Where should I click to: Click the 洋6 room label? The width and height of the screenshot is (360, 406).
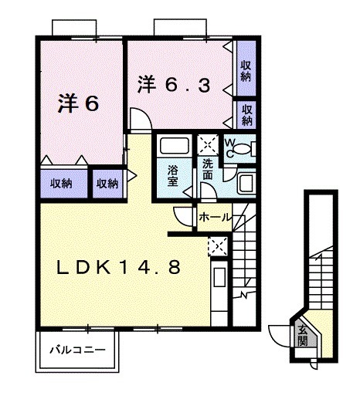[x=79, y=105]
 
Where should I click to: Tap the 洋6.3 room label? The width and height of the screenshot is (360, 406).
[x=174, y=85]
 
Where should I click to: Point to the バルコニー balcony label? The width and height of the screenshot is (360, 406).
[x=78, y=349]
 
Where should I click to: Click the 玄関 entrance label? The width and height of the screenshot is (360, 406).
[x=303, y=336]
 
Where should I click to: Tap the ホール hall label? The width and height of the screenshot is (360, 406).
[x=215, y=218]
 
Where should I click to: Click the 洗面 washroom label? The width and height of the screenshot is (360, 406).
[x=208, y=168]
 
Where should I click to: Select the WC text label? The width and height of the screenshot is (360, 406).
[x=231, y=146]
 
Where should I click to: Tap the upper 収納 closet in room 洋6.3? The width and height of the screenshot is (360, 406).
[x=246, y=71]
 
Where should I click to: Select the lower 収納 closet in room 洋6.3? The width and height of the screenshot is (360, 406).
[x=246, y=114]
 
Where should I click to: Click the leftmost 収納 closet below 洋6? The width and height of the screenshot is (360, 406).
[x=62, y=183]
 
